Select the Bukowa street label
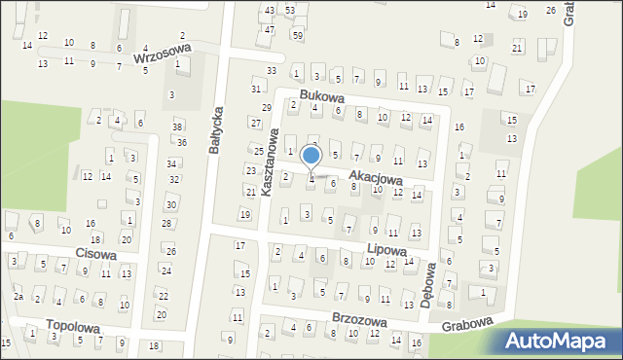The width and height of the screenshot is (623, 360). (x=322, y=96)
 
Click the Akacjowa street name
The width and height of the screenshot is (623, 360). (x=376, y=180)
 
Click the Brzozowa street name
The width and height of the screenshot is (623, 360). (x=358, y=320)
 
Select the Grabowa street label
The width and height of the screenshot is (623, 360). (x=467, y=326)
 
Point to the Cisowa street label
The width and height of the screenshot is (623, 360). (x=95, y=255)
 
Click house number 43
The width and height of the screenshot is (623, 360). (x=270, y=10)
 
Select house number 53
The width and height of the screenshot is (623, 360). (x=290, y=10)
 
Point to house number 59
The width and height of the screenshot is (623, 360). (x=298, y=36)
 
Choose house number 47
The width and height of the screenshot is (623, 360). (x=270, y=30)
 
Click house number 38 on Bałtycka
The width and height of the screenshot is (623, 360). (x=177, y=126)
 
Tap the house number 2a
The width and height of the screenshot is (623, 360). (x=18, y=296)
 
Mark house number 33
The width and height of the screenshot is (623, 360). (x=272, y=71)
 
